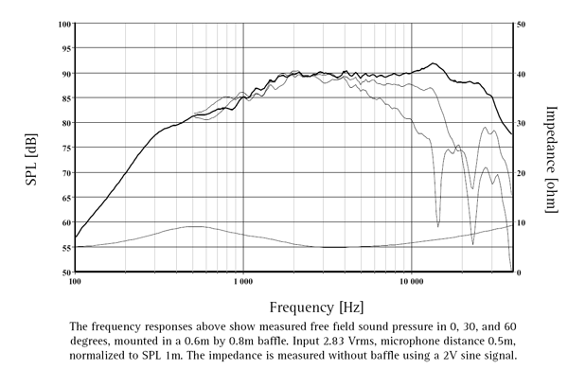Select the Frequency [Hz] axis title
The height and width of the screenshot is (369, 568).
(x=315, y=307)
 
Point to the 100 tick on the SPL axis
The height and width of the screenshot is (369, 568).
(x=63, y=24)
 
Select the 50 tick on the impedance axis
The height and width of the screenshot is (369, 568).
(x=522, y=24)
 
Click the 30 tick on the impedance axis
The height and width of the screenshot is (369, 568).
(x=522, y=123)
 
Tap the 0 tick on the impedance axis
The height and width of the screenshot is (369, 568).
(x=520, y=272)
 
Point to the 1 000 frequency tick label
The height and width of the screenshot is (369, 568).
(x=242, y=282)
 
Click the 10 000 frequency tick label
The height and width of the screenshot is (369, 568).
(x=411, y=282)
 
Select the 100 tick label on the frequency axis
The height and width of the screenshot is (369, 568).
(x=75, y=282)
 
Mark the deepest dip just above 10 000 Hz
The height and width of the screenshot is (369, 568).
(x=437, y=225)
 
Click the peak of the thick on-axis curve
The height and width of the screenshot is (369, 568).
(x=434, y=63)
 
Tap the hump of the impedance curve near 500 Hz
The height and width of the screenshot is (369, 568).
(x=193, y=226)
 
